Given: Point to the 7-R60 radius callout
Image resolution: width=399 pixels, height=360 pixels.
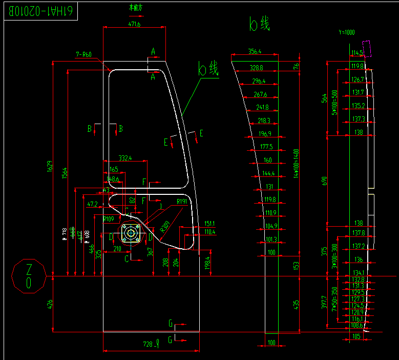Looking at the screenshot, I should point(83,54).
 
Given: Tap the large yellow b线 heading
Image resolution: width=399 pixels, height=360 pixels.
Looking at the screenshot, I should point(259,24).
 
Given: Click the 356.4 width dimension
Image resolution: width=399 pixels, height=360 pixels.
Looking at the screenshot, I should point(255,51).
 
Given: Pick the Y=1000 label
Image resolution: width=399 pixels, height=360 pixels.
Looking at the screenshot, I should point(346,32).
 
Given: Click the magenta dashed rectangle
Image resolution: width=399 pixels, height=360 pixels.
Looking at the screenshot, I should point(368,48).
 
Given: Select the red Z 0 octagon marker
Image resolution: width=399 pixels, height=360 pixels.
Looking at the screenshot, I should point(29,276).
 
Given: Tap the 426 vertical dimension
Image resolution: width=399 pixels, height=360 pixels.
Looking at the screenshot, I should point(49,304).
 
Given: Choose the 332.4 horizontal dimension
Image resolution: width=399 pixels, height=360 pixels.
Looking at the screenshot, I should point(124,158).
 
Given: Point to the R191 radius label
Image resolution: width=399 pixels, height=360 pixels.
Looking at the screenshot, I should point(181,202).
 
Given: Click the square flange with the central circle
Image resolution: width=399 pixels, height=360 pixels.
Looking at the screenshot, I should point(131,233).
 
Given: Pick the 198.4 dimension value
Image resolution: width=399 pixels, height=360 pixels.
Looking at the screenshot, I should point(207,263).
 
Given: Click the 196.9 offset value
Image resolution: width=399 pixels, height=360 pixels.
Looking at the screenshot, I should point(264,134).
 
